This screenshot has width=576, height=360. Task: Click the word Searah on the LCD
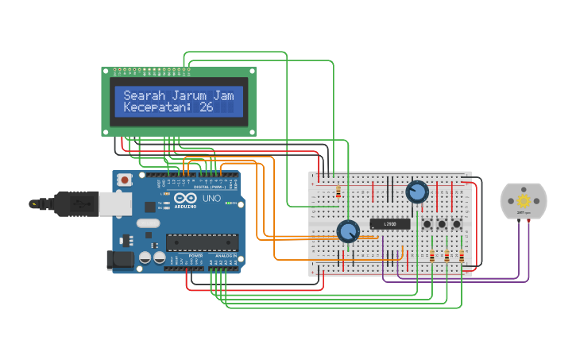point(141,95)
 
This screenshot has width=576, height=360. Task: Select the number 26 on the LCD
point(207,107)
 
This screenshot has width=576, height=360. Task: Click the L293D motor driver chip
point(390,224)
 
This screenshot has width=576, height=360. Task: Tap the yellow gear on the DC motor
point(524,202)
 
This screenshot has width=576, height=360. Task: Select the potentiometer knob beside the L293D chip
point(348,231)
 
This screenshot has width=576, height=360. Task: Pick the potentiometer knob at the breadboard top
point(416,192)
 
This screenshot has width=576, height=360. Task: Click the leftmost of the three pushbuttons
point(427,225)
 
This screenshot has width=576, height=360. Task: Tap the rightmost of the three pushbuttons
point(457,225)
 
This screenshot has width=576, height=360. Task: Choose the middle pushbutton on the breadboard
point(442,225)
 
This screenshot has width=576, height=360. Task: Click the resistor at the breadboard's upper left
point(339,192)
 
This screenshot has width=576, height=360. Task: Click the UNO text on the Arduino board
point(212,198)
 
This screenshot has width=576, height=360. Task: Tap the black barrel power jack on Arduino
point(119,260)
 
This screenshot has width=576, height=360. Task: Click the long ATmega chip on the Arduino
point(202,242)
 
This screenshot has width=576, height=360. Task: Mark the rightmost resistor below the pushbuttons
point(461,256)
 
